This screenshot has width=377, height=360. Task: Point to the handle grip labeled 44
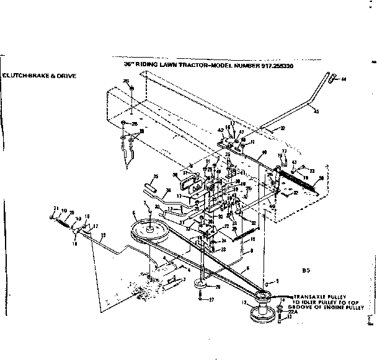[333, 79]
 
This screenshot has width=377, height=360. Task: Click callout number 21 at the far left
[55, 209]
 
